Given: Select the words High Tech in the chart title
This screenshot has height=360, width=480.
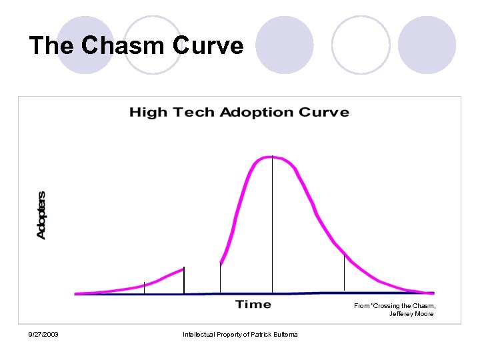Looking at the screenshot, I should click(172, 112).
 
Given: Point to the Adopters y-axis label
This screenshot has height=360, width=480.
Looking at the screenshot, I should click(41, 215).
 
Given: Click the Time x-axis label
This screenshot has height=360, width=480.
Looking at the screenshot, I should click(253, 305).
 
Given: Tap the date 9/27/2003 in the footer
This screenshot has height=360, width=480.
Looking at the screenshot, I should click(43, 334).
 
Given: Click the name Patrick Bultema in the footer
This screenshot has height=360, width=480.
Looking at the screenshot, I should click(274, 334).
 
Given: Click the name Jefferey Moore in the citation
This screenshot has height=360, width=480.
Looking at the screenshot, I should click(411, 314).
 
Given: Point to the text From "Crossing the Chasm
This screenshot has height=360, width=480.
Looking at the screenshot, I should click(393, 305).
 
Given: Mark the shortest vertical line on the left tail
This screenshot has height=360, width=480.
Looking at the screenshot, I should click(144, 287).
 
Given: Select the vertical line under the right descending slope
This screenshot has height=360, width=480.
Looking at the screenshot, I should click(344, 273).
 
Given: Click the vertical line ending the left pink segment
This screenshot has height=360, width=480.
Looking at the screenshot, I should click(184, 280).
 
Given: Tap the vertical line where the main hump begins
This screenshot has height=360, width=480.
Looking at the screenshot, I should click(220, 278).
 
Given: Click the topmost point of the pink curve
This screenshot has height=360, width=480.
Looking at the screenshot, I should click(272, 157).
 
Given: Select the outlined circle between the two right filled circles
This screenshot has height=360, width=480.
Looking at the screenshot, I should click(361, 45).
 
